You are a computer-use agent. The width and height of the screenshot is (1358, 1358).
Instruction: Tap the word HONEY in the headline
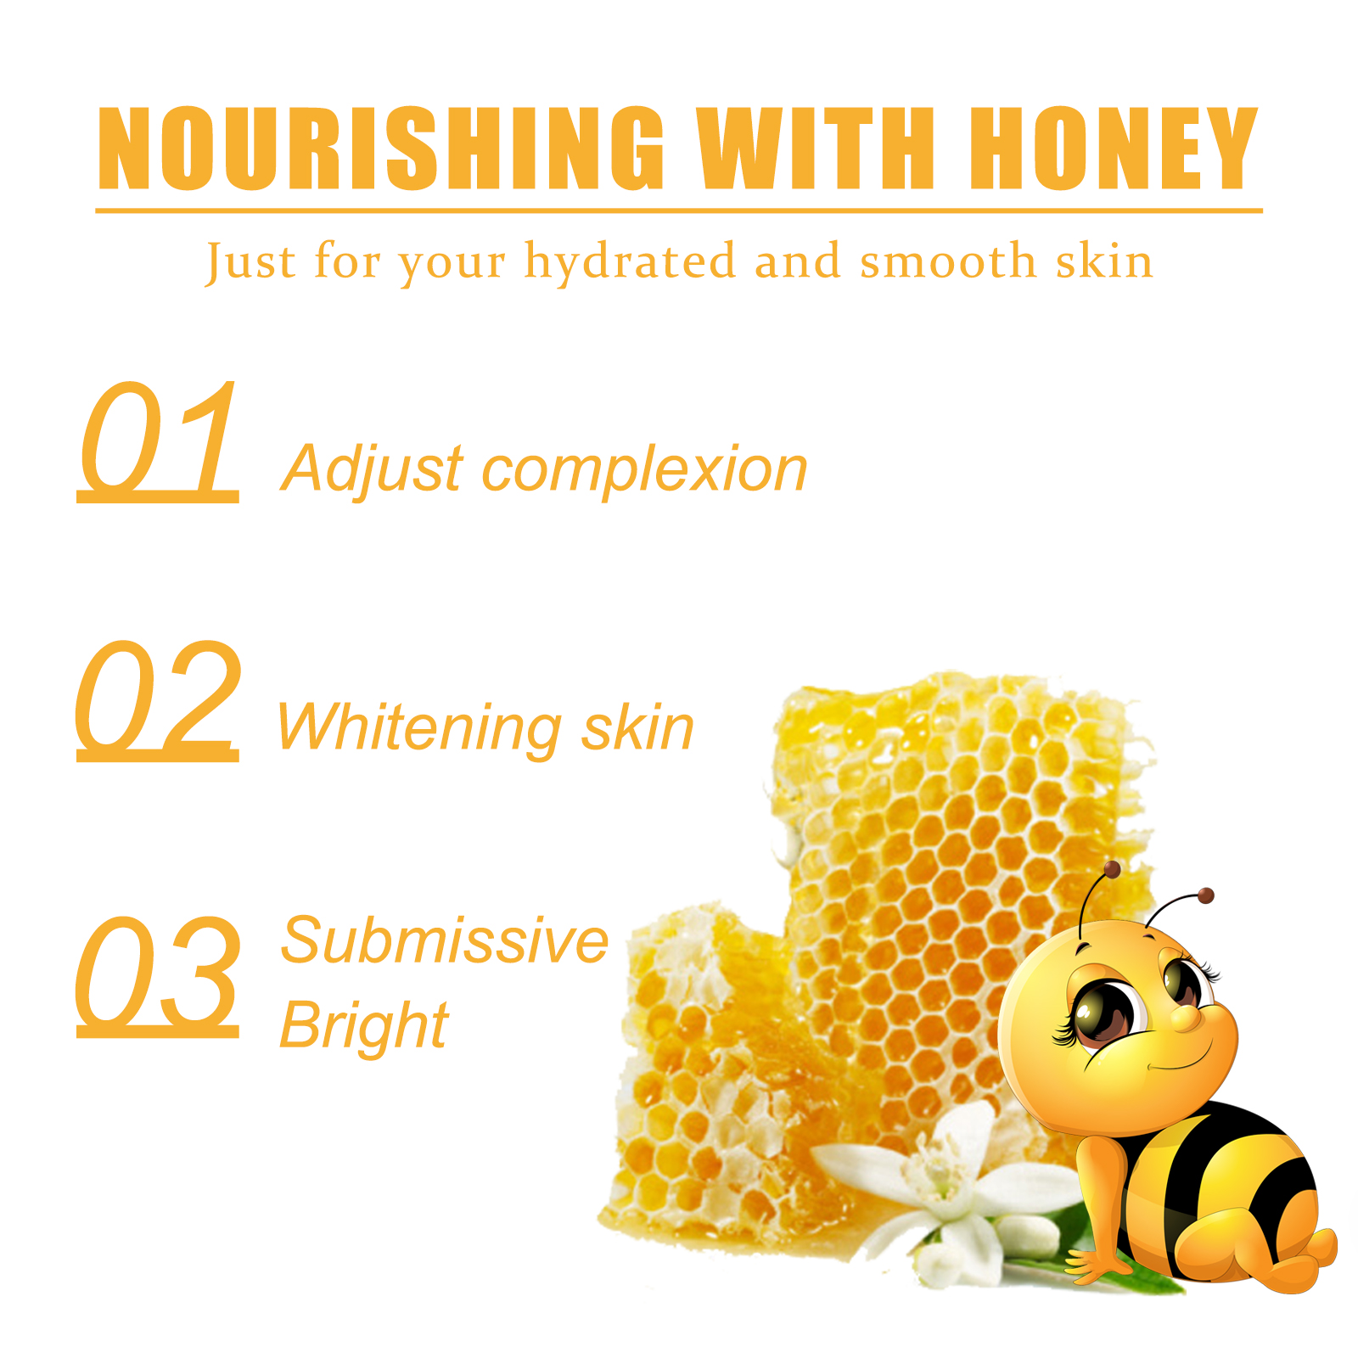(x=1114, y=148)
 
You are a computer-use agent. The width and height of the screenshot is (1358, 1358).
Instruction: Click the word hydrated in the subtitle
(x=630, y=261)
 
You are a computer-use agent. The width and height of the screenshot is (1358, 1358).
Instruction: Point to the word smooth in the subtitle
(x=948, y=261)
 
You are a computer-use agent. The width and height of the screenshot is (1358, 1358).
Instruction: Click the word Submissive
(x=445, y=940)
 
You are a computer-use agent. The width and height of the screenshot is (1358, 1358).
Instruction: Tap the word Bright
(x=364, y=1027)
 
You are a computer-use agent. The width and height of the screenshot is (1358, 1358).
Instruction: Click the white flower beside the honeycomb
(x=942, y=1188)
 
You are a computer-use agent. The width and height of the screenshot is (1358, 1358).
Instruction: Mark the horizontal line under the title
(x=679, y=210)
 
